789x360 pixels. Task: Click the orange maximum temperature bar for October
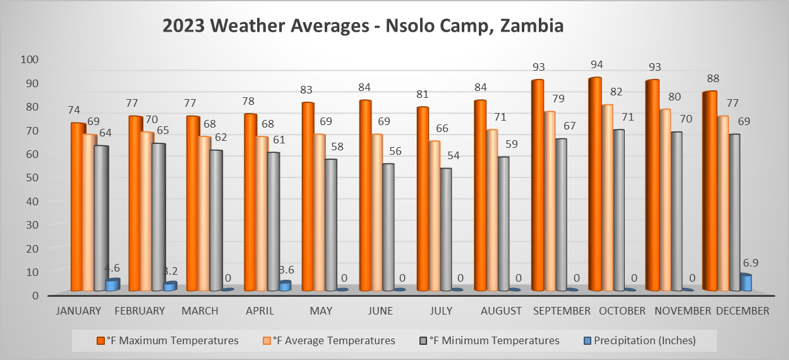pyautogui.click(x=594, y=183)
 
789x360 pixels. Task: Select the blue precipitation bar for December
pyautogui.click(x=745, y=282)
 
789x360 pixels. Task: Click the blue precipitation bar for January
pyautogui.click(x=112, y=285)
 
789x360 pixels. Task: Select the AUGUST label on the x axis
pyautogui.click(x=501, y=311)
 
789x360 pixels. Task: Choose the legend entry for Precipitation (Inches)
pyautogui.click(x=641, y=340)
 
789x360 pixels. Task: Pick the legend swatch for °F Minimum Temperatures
pyautogui.click(x=423, y=340)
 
